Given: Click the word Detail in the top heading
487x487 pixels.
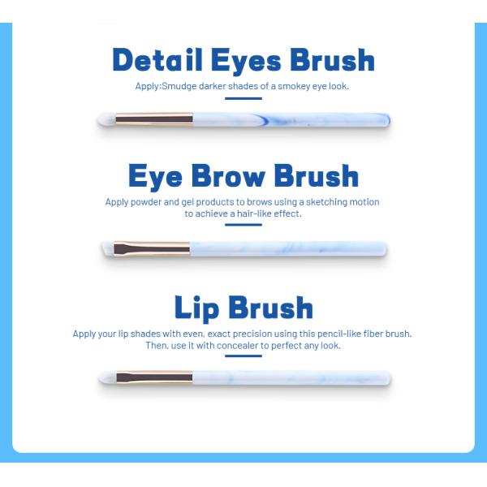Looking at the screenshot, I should click(x=156, y=60).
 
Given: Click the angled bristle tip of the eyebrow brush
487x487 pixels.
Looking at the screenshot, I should click(x=107, y=248).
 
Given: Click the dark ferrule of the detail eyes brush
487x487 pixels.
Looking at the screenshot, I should click(x=154, y=120).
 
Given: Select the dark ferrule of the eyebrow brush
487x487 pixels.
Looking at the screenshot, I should click(x=151, y=248).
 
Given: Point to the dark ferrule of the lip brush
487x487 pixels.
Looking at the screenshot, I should click(x=154, y=377).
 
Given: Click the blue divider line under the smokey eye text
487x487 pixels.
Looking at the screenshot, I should click(x=243, y=99).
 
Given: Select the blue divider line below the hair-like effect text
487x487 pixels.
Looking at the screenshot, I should click(x=243, y=226).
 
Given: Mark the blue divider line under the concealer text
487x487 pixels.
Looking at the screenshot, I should click(x=243, y=357).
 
